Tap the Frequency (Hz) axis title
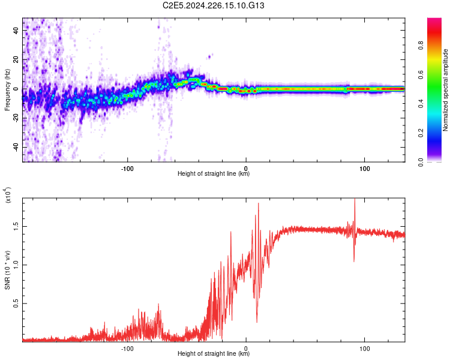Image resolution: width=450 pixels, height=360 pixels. click(x=7, y=90)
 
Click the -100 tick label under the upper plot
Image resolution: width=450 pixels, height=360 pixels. click(x=127, y=167)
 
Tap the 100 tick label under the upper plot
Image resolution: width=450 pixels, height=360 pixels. click(x=364, y=167)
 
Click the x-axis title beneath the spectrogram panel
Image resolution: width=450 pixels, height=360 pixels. click(x=214, y=174)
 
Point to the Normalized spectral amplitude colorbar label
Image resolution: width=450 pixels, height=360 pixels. click(x=446, y=90)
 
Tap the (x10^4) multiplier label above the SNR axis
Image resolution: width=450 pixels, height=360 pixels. click(x=7, y=195)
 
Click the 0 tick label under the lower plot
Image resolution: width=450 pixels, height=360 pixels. click(x=246, y=348)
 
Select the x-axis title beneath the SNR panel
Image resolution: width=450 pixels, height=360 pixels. click(x=214, y=354)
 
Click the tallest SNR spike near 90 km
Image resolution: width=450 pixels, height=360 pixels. click(x=355, y=200)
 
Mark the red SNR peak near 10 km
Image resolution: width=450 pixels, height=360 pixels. click(x=259, y=203)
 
